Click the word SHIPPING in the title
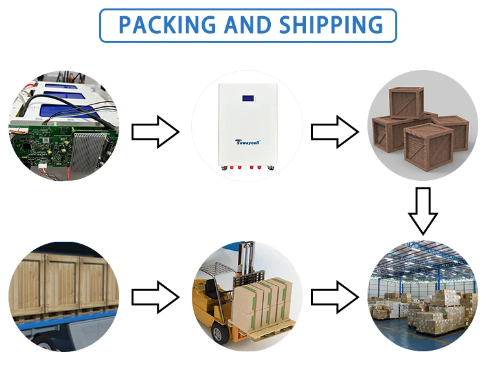(x=332, y=25)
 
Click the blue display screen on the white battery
(x=248, y=99)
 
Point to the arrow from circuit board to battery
(x=155, y=132)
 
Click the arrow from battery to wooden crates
(x=334, y=132)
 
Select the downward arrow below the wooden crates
(x=423, y=210)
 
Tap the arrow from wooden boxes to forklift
(x=155, y=297)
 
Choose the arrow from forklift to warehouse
(x=334, y=297)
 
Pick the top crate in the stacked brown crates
(x=406, y=102)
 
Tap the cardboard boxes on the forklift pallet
(x=262, y=302)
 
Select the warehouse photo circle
(x=423, y=297)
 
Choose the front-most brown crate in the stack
(x=428, y=146)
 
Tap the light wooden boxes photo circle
(x=64, y=297)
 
